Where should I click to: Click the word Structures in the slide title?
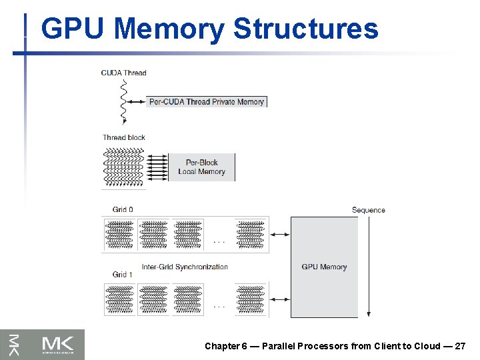[x=305, y=29]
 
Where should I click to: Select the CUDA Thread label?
[x=124, y=73]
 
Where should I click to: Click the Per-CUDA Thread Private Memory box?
[x=207, y=102]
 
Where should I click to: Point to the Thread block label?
[x=124, y=137]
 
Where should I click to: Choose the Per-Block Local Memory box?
[x=201, y=167]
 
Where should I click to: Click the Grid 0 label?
[x=123, y=209]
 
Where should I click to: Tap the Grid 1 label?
[x=123, y=274]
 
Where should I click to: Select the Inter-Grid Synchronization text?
[x=185, y=267]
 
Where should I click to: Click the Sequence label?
[x=369, y=210]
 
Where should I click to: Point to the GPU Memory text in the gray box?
[x=324, y=267]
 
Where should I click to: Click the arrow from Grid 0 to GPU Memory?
[x=279, y=234]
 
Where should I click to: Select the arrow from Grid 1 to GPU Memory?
[x=279, y=299]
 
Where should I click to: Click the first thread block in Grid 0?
[x=119, y=234]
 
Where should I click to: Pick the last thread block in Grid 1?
[x=251, y=299]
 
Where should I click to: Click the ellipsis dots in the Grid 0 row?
[x=218, y=241]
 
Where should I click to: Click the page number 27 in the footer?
[x=460, y=346]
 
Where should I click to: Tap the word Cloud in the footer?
[x=427, y=346]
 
